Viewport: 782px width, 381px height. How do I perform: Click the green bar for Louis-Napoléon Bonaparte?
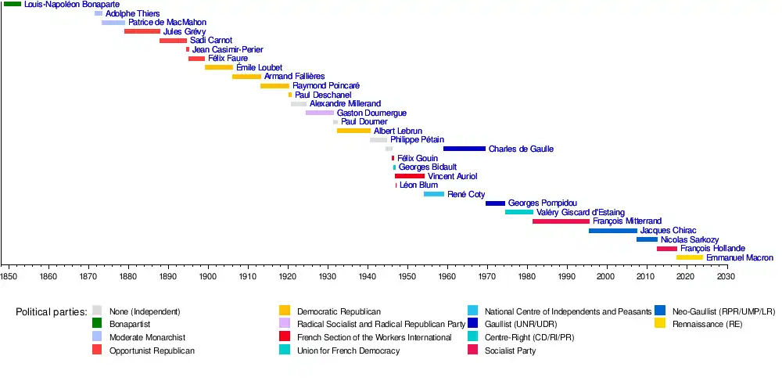(x=13, y=5)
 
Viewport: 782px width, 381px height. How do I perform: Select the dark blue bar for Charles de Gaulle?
(x=464, y=149)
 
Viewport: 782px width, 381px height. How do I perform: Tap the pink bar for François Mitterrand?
(x=561, y=221)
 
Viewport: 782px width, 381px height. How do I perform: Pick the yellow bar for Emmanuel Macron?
(x=689, y=257)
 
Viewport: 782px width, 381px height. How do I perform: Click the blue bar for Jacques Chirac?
(x=612, y=231)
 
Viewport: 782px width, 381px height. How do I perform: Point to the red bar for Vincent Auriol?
(x=409, y=176)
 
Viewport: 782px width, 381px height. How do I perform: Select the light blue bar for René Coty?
(x=433, y=194)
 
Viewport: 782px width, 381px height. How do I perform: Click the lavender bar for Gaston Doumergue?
(x=319, y=113)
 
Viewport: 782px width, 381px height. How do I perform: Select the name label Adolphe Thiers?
(x=132, y=13)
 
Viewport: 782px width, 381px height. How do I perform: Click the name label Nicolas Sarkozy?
(x=689, y=239)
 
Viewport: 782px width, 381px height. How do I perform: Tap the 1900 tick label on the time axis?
(x=208, y=276)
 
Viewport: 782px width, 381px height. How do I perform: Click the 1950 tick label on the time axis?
(x=407, y=276)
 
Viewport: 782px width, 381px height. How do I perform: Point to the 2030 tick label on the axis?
(x=726, y=276)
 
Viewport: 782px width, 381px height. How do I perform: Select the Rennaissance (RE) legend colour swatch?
(x=660, y=324)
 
